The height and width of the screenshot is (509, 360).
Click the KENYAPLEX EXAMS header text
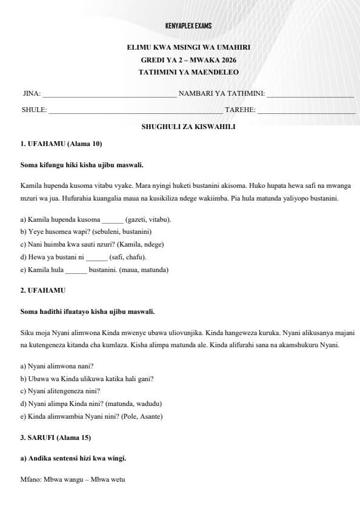[188, 26]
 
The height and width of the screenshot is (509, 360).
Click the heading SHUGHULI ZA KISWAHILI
[188, 127]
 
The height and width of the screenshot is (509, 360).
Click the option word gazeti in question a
[135, 219]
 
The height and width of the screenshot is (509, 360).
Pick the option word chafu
[134, 257]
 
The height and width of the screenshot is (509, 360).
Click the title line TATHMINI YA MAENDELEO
[188, 72]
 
